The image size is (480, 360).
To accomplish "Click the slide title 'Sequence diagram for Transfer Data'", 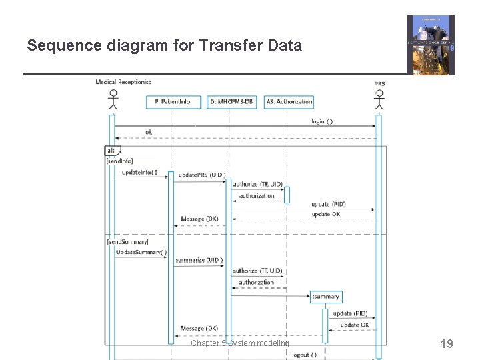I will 164,45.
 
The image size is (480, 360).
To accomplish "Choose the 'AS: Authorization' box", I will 289,102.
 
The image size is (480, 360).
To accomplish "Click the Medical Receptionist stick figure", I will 113,98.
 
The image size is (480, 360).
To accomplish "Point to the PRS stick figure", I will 379,98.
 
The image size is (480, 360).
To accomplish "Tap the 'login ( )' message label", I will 322,121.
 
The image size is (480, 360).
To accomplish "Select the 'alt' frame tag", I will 111,151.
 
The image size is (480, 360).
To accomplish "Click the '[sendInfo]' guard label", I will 120,161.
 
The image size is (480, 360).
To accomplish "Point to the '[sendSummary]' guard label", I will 127,241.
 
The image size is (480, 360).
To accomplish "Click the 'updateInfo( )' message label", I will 140,173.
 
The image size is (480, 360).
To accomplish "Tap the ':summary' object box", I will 325,297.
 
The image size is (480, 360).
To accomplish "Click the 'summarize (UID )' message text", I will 199,260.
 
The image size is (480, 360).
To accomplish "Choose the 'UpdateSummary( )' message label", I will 141,253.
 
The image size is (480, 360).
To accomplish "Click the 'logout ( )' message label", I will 305,355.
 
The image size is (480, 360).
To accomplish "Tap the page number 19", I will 447,344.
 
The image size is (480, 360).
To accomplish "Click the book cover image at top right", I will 431,45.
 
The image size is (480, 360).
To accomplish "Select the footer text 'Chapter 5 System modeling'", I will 240,343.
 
